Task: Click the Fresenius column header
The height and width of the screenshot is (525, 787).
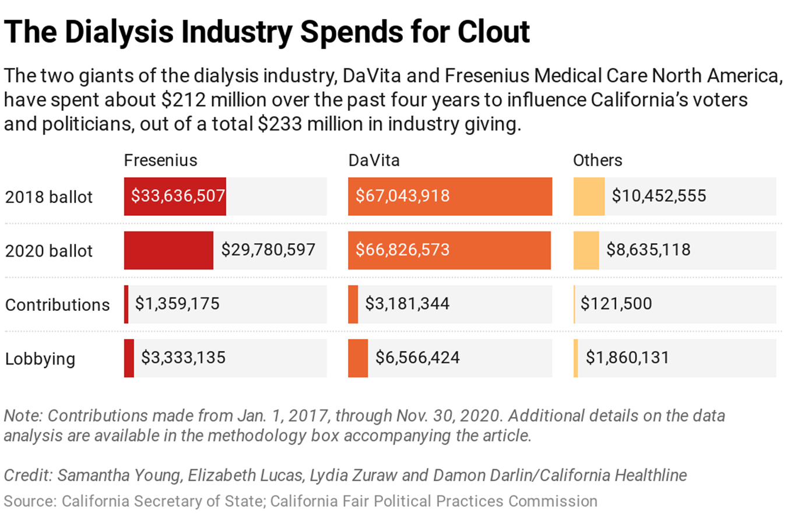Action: point(160,160)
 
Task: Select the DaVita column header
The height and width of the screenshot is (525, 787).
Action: point(374,160)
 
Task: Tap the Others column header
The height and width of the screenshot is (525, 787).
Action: point(598,160)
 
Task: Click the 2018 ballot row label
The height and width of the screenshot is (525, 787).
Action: point(49,197)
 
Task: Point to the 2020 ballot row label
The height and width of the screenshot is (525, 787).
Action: point(49,251)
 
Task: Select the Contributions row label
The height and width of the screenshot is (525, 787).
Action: point(57,304)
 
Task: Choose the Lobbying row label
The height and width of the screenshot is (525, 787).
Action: point(40,359)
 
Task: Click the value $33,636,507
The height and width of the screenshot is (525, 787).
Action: point(178,196)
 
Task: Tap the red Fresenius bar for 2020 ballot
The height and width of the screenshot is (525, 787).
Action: point(168,250)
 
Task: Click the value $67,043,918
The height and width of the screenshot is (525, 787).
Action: point(402,196)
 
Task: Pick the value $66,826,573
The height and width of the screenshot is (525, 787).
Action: point(402,250)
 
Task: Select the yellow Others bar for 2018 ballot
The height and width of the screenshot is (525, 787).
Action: point(589,197)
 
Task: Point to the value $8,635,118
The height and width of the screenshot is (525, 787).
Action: point(648,250)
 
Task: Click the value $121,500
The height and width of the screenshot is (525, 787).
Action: point(616,304)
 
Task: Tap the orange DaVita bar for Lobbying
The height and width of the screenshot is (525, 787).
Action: point(358,358)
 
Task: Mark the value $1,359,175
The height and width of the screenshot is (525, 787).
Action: point(177,304)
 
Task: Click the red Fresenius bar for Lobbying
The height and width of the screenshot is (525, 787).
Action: point(129,358)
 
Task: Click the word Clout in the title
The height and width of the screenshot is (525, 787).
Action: point(494,32)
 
